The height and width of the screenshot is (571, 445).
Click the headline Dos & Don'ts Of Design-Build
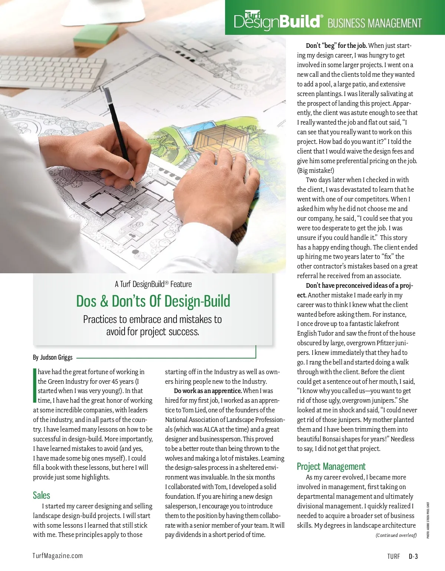click(153, 301)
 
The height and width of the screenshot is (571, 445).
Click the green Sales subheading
click(41, 495)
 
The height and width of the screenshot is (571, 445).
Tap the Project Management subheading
click(331, 466)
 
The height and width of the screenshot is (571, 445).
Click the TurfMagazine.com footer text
click(57, 556)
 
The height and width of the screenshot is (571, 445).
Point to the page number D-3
click(413, 556)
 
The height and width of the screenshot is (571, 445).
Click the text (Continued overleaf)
click(396, 535)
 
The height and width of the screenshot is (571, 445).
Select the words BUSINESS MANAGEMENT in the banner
click(375, 23)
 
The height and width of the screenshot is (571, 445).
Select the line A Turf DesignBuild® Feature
click(153, 284)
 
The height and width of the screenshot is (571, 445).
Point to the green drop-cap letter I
click(35, 386)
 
